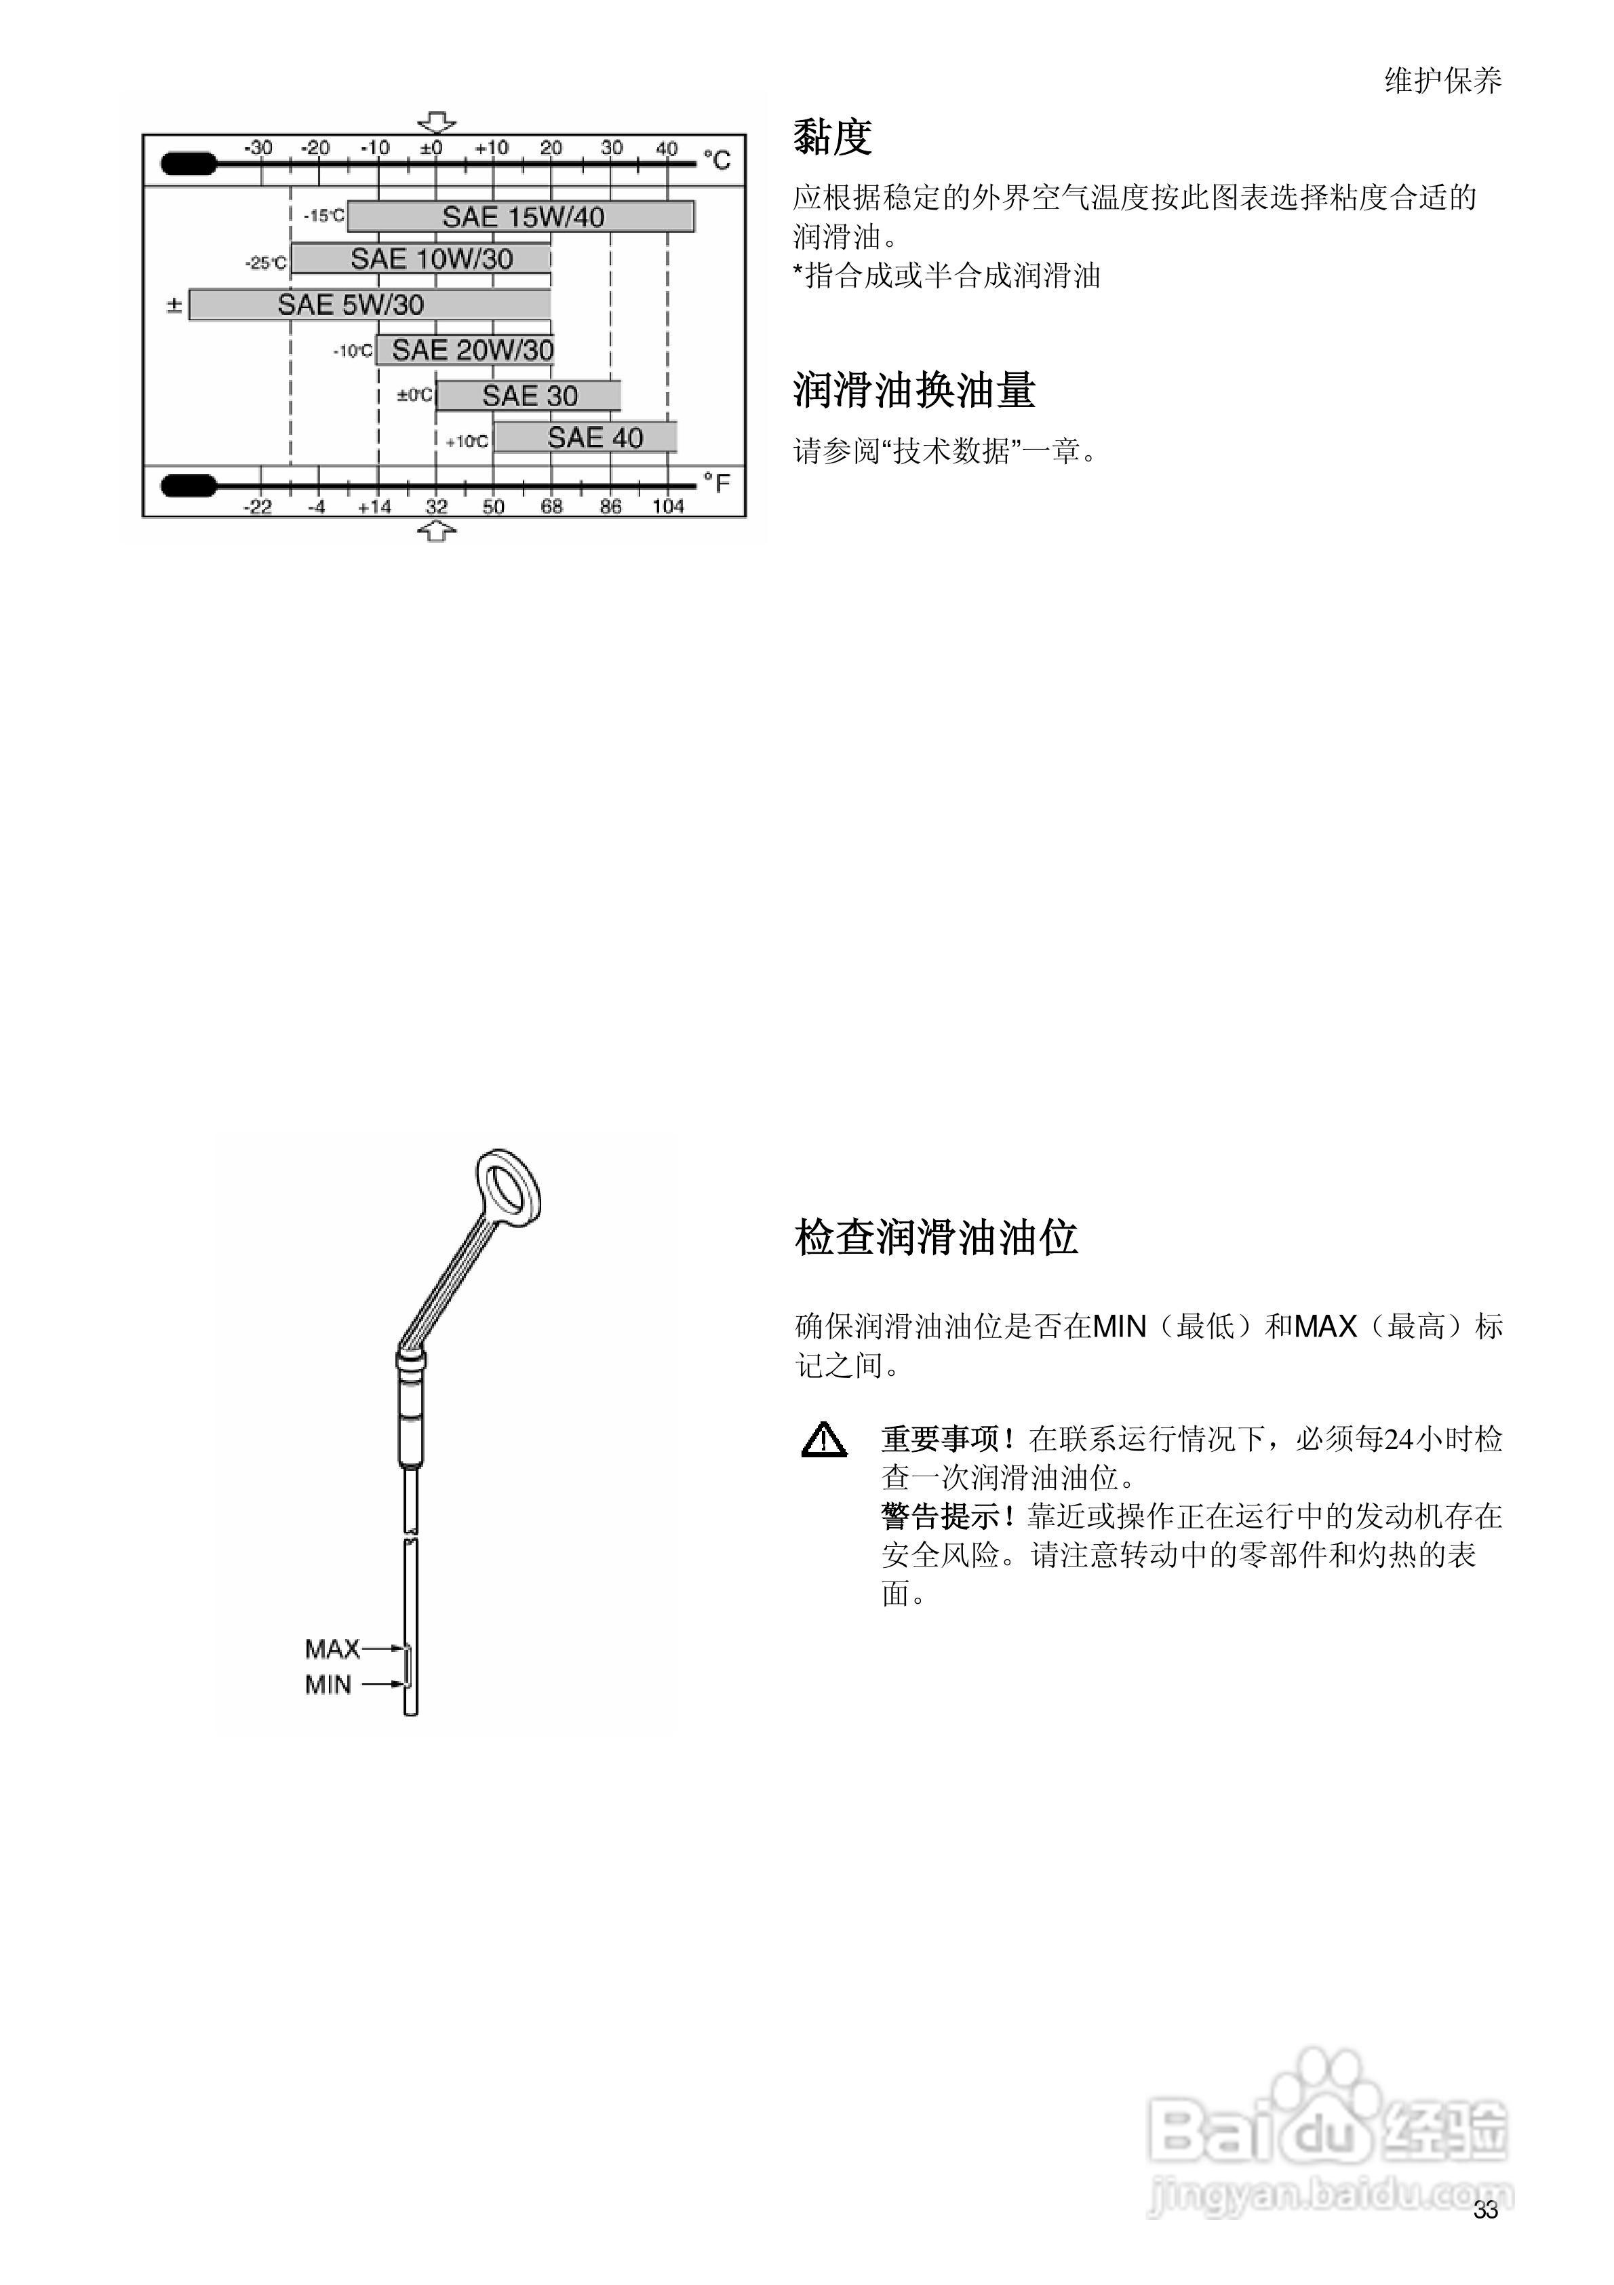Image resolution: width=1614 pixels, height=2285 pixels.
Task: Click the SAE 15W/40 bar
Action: pyautogui.click(x=521, y=217)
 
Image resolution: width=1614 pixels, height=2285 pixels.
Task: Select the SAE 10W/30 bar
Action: pyautogui.click(x=421, y=258)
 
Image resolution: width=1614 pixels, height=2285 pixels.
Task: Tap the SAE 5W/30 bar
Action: pyautogui.click(x=370, y=305)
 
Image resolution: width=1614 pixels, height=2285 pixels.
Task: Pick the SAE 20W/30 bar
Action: pyautogui.click(x=465, y=350)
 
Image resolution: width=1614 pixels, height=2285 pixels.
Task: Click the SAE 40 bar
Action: pyautogui.click(x=586, y=438)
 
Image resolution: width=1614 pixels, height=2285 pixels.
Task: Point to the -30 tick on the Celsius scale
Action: pyautogui.click(x=260, y=149)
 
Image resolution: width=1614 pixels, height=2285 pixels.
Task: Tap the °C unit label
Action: pyautogui.click(x=716, y=159)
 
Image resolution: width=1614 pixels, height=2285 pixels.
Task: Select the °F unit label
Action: pyautogui.click(x=716, y=484)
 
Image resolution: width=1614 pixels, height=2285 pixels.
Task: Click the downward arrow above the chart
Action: pyautogui.click(x=436, y=122)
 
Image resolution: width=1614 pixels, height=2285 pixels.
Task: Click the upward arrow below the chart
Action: pyautogui.click(x=436, y=533)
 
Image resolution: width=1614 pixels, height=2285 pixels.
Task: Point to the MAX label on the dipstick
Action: pyautogui.click(x=332, y=1649)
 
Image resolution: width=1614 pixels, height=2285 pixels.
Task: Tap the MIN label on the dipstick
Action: pyautogui.click(x=328, y=1685)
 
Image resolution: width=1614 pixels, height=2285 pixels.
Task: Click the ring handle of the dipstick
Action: pyautogui.click(x=509, y=1189)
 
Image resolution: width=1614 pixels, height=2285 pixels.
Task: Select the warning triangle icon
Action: pyautogui.click(x=824, y=1441)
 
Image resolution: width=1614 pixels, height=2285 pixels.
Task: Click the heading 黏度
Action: pyautogui.click(x=832, y=137)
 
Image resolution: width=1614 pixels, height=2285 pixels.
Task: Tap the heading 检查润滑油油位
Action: pyautogui.click(x=935, y=1237)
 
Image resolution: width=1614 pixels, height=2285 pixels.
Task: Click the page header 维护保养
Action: pyautogui.click(x=1443, y=81)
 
